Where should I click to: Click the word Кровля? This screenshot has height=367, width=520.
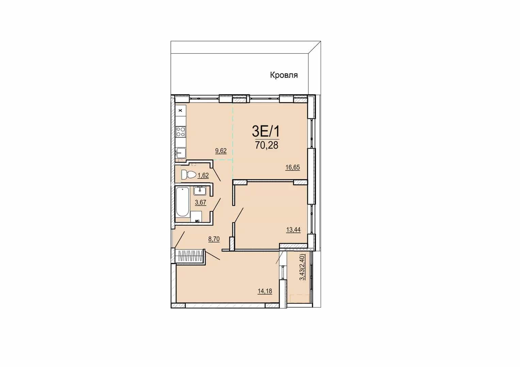point(284,75)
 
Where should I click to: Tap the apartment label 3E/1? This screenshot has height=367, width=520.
point(266,132)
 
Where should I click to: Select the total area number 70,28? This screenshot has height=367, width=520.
point(266,145)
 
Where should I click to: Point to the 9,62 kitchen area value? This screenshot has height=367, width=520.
point(221,151)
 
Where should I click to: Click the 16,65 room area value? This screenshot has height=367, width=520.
point(293,168)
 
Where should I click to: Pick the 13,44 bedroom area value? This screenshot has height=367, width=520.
point(293,230)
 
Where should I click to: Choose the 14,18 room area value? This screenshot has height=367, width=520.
point(265,291)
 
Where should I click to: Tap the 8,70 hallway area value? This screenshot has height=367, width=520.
point(214,239)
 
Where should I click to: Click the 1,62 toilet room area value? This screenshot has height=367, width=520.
point(203,175)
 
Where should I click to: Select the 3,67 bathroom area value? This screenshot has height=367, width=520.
point(200,203)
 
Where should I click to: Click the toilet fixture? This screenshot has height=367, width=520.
point(189,175)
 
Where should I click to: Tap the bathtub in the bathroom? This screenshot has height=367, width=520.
point(182,202)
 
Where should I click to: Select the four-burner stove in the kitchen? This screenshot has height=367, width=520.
point(181,131)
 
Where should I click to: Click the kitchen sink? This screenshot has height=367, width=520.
point(181,153)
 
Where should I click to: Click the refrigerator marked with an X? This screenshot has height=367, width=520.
point(180,110)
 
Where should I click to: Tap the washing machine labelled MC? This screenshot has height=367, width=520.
point(196,216)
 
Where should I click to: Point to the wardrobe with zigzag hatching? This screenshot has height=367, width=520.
point(190,257)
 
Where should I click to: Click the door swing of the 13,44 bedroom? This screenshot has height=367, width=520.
point(239,215)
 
